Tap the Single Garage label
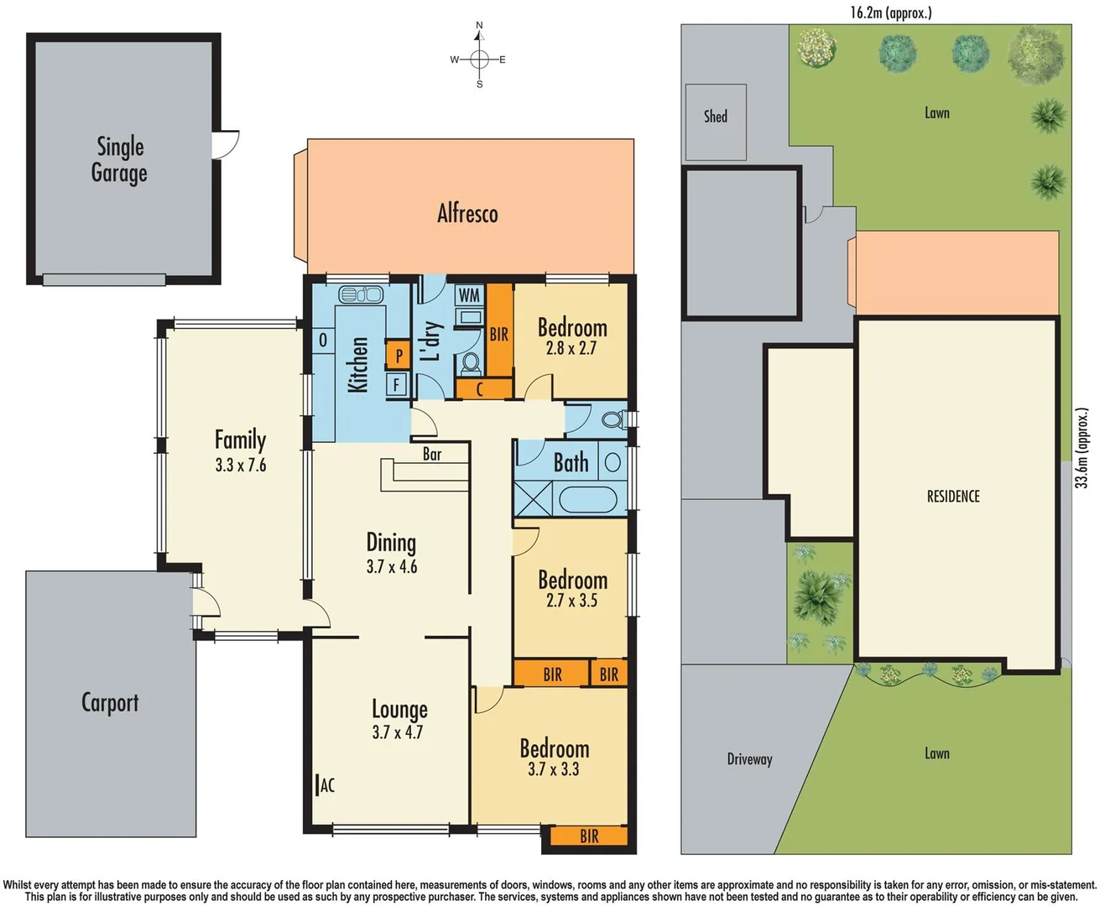(119, 159)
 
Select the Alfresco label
(467, 214)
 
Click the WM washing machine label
(469, 294)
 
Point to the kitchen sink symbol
(361, 294)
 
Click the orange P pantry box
(399, 355)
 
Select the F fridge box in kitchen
(397, 385)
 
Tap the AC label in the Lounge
(326, 785)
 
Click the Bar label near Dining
(432, 454)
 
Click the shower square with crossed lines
(533, 499)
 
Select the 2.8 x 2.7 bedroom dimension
(571, 348)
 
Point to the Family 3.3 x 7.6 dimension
(241, 465)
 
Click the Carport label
(110, 702)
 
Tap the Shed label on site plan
(716, 117)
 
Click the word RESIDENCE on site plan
(953, 497)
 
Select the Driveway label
(749, 759)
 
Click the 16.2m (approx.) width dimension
(890, 12)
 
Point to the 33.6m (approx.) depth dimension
(1082, 448)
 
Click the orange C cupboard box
(480, 389)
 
